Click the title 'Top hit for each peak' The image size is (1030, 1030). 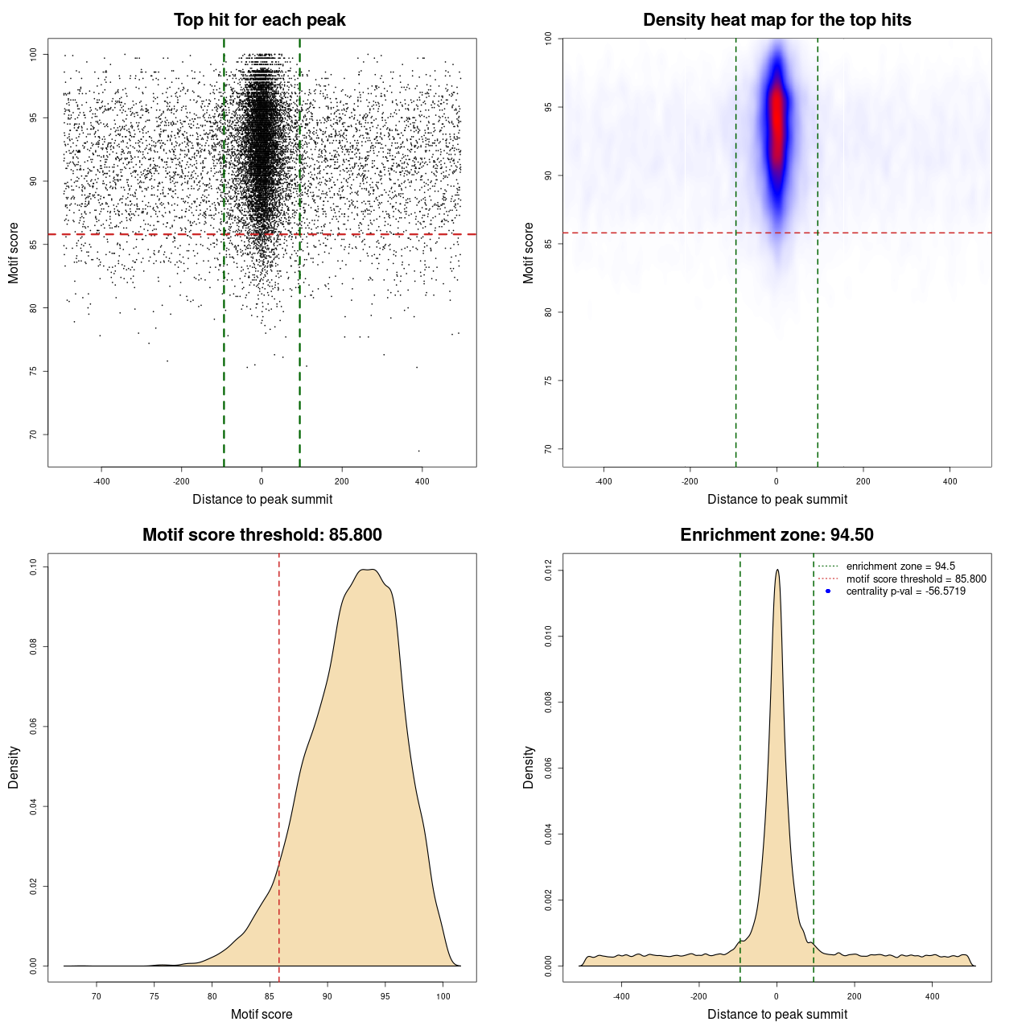click(x=259, y=20)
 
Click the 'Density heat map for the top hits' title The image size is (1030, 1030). click(x=777, y=20)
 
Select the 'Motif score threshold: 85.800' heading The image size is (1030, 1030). click(x=262, y=535)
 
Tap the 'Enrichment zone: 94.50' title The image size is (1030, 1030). click(x=777, y=535)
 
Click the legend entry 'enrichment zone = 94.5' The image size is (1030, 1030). click(x=900, y=566)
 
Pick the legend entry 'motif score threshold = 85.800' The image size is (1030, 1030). click(x=916, y=579)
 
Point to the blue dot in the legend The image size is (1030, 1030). click(x=828, y=591)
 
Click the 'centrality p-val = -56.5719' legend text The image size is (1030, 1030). click(x=905, y=591)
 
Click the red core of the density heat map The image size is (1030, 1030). click(x=777, y=121)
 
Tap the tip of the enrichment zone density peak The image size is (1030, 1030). click(x=777, y=571)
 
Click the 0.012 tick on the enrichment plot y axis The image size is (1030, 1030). click(x=548, y=571)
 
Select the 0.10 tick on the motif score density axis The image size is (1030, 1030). click(x=33, y=567)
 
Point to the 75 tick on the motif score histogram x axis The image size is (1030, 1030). click(x=154, y=996)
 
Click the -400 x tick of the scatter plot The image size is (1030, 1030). click(x=101, y=481)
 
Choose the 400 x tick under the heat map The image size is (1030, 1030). click(x=950, y=481)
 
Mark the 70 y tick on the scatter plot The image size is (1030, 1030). click(x=33, y=435)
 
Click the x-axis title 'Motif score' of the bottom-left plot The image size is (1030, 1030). click(x=262, y=1014)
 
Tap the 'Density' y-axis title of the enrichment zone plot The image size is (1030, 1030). click(x=529, y=767)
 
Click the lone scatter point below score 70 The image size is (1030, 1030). click(x=418, y=451)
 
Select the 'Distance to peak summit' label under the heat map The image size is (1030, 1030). click(x=777, y=499)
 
